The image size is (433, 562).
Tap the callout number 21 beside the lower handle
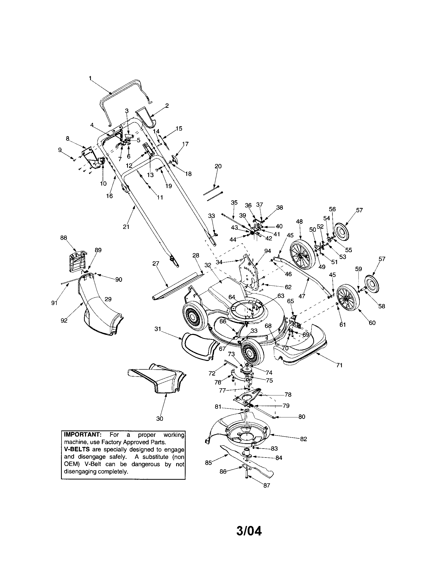coord(126,227)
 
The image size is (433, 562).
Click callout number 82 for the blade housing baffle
coord(303,439)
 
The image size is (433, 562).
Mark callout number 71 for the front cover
coord(339,365)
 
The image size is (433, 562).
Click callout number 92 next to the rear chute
coord(64,320)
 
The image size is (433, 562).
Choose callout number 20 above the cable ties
coord(218,166)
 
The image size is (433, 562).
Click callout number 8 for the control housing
coord(68,138)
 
